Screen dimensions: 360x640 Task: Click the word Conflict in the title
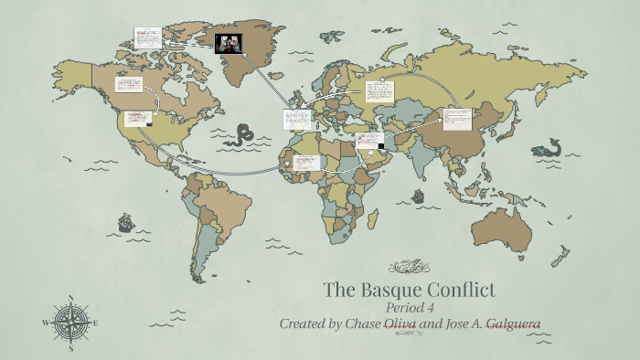(463, 291)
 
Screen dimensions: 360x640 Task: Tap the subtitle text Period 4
(410, 308)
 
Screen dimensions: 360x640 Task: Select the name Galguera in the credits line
(512, 323)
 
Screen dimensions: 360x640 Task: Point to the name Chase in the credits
(360, 323)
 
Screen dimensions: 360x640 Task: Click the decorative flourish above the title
(409, 267)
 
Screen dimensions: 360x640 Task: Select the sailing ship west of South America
(124, 222)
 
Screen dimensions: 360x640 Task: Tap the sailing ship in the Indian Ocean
(418, 196)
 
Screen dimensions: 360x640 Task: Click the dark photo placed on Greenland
(229, 42)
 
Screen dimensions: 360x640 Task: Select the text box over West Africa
(307, 162)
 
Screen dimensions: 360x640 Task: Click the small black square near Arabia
(381, 145)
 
